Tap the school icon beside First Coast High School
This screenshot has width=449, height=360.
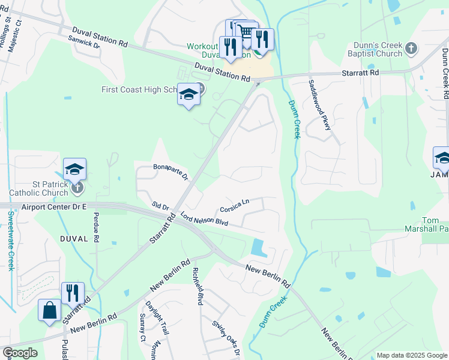tap(188, 94)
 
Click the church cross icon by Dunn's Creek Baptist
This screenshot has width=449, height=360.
tap(411, 47)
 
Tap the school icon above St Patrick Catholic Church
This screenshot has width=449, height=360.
tap(75, 170)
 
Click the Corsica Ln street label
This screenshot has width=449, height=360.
tap(235, 206)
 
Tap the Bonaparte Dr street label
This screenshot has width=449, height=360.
tap(171, 172)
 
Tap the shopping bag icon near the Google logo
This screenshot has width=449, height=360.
tap(49, 311)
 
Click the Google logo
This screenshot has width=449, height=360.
tap(20, 353)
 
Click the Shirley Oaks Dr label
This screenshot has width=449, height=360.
tap(226, 337)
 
